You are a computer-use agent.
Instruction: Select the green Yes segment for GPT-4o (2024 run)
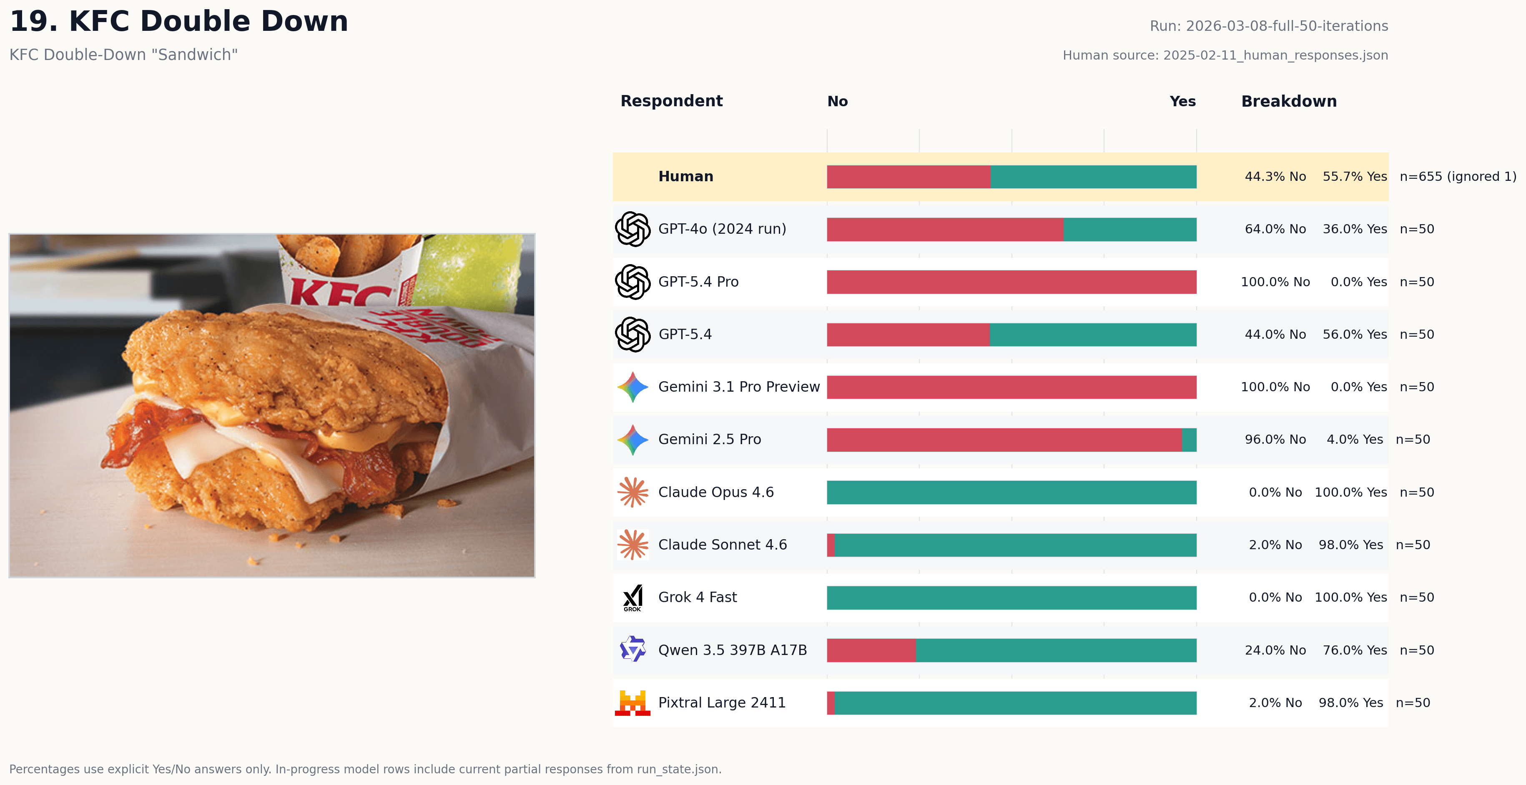point(1129,230)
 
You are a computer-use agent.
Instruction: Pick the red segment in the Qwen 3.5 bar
point(871,650)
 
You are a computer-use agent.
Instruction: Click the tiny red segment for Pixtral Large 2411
point(831,703)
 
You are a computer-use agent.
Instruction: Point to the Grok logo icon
point(632,598)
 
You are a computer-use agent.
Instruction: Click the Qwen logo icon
point(632,650)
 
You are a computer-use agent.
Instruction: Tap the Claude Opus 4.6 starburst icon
point(632,492)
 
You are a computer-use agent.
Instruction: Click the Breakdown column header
point(1288,101)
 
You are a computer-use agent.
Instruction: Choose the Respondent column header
point(671,101)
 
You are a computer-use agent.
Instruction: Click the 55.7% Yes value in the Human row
point(1354,176)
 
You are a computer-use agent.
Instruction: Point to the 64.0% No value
point(1275,229)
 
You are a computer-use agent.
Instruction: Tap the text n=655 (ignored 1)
point(1457,176)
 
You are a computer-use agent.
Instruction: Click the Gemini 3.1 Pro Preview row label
point(739,387)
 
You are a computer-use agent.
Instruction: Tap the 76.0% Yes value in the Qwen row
point(1354,650)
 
